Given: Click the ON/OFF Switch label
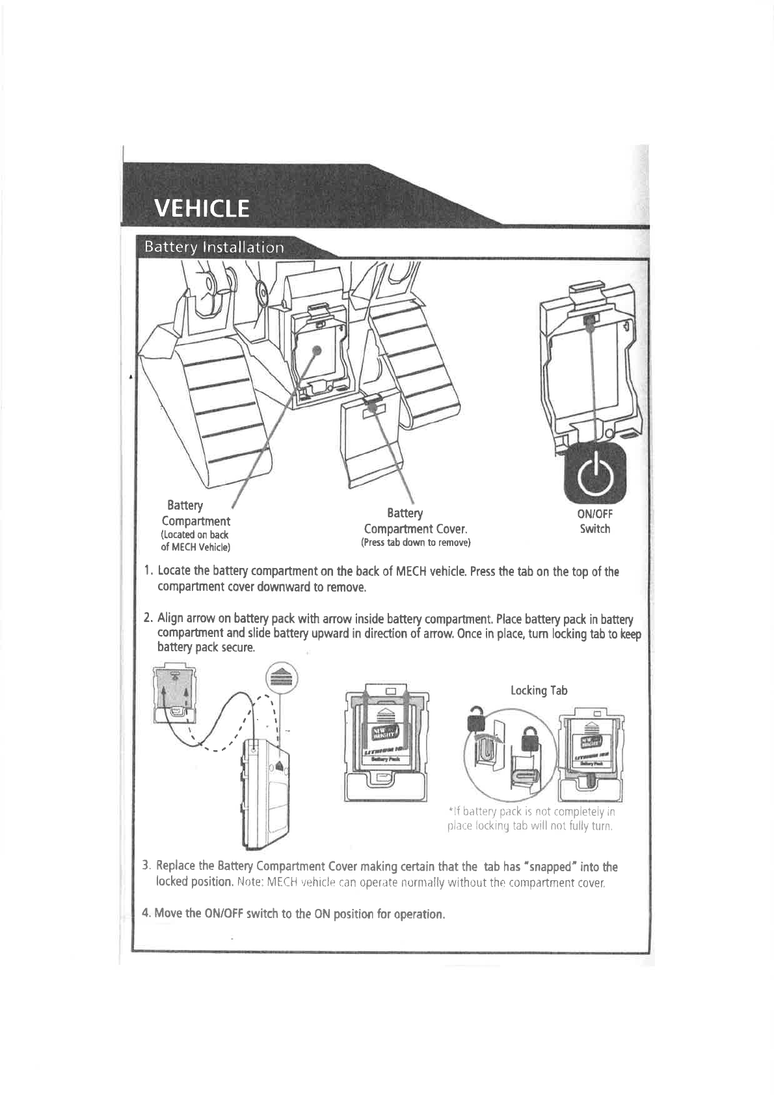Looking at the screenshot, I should [x=595, y=521].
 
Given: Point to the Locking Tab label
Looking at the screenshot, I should [x=539, y=690].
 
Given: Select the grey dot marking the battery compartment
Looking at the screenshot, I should [x=316, y=350].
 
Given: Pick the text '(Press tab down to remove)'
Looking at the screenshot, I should [x=416, y=543].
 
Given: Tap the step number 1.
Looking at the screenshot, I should [x=148, y=571].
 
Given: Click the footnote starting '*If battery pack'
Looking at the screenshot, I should [x=531, y=819].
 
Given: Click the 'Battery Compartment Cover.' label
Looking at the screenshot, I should [x=416, y=521].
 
